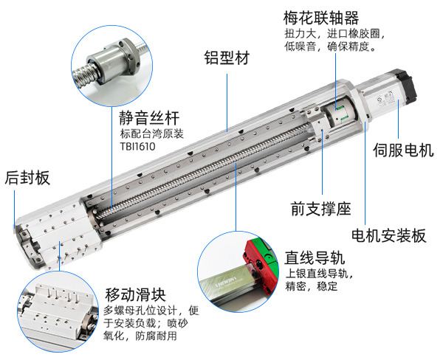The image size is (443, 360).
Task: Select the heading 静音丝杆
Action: point(148,117)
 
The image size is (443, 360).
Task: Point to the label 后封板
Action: point(27,177)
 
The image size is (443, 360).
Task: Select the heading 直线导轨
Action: point(315,259)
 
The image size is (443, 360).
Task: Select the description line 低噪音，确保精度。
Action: point(332,47)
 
